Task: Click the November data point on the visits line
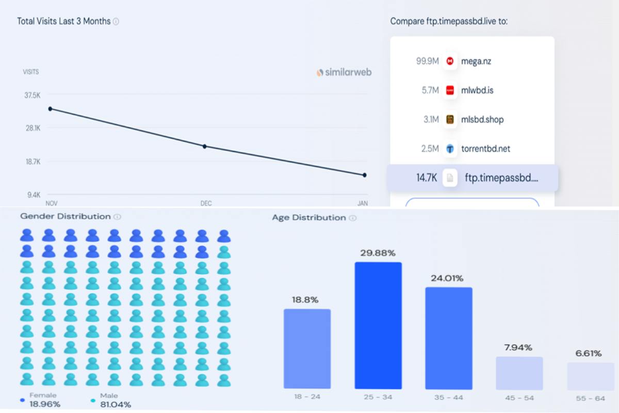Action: [x=50, y=109]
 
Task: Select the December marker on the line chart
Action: [x=205, y=147]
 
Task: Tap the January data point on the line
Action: [x=365, y=175]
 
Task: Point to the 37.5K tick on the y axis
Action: [x=32, y=95]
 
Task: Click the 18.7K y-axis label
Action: [x=32, y=162]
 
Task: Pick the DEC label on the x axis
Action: [x=206, y=203]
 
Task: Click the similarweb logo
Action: [x=344, y=72]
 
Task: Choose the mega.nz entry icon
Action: [x=450, y=61]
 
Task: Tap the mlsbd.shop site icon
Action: [x=450, y=119]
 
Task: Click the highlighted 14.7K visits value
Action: [x=427, y=178]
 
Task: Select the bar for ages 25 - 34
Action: [x=378, y=325]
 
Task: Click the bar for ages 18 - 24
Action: [x=307, y=348]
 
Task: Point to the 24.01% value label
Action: [x=448, y=278]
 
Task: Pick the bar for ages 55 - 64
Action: [x=591, y=376]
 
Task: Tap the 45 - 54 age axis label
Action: [x=519, y=398]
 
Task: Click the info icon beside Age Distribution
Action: [x=353, y=218]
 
